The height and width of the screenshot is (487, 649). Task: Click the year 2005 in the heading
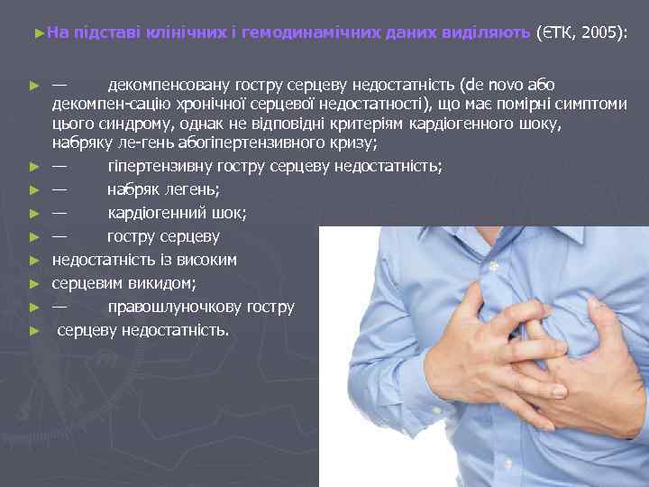[602, 33]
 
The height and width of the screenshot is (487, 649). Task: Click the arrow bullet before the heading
[37, 33]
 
